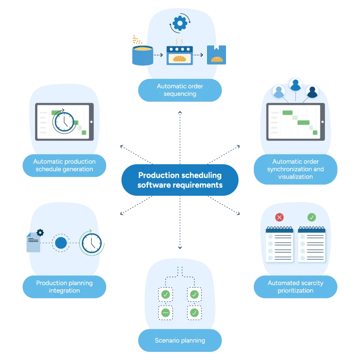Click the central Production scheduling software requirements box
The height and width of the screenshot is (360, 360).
point(180,180)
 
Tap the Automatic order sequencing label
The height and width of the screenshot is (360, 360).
point(180,90)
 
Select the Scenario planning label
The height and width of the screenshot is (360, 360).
point(180,340)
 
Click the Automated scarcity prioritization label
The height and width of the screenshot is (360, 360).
point(295,287)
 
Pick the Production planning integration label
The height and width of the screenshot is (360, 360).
point(64,287)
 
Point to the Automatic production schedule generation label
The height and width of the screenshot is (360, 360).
point(64,166)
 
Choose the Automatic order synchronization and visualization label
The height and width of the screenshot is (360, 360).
point(295,169)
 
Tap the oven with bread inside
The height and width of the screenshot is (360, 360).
point(180,55)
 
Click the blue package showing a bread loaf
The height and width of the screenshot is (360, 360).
point(216,54)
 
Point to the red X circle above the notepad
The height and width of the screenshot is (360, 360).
point(279,217)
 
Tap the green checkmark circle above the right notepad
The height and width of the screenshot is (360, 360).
point(311,217)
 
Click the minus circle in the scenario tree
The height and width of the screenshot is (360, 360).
point(166,312)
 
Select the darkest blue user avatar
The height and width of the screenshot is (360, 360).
point(312,91)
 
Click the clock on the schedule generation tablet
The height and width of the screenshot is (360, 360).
point(64,121)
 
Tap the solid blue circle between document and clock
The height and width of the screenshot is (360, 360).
point(61,243)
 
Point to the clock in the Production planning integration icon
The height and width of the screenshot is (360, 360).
point(92,243)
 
